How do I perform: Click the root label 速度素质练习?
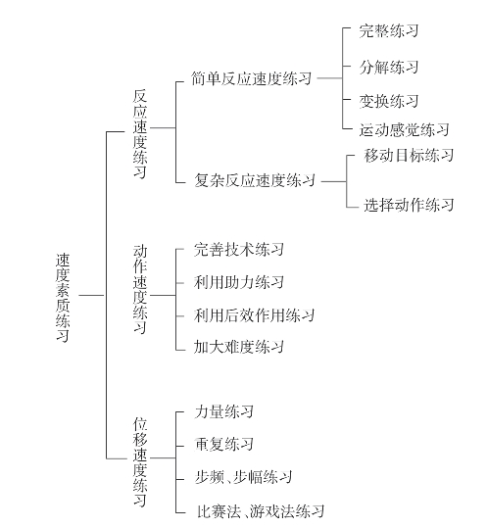coord(63,298)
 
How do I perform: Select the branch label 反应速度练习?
coord(140,133)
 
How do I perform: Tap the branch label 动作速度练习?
coord(140,289)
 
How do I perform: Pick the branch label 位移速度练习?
coord(140,461)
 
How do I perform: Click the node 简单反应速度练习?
coord(251,78)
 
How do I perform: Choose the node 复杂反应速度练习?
coord(255,180)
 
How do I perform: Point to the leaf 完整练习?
coord(389,30)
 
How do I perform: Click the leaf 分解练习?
coord(389,67)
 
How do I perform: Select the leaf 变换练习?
coord(389,101)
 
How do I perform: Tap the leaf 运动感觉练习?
coord(404,129)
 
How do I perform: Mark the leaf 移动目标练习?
coord(409,155)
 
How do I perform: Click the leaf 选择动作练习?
coord(409,205)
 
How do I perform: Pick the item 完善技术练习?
coord(239,250)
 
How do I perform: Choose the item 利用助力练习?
coord(239,282)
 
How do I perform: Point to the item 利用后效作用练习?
coord(254,315)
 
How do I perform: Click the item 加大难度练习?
coord(239,347)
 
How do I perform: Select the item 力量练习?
coord(224,411)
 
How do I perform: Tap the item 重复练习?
coord(224,444)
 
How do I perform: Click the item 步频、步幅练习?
coord(243,477)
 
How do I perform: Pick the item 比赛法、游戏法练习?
coord(261,510)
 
